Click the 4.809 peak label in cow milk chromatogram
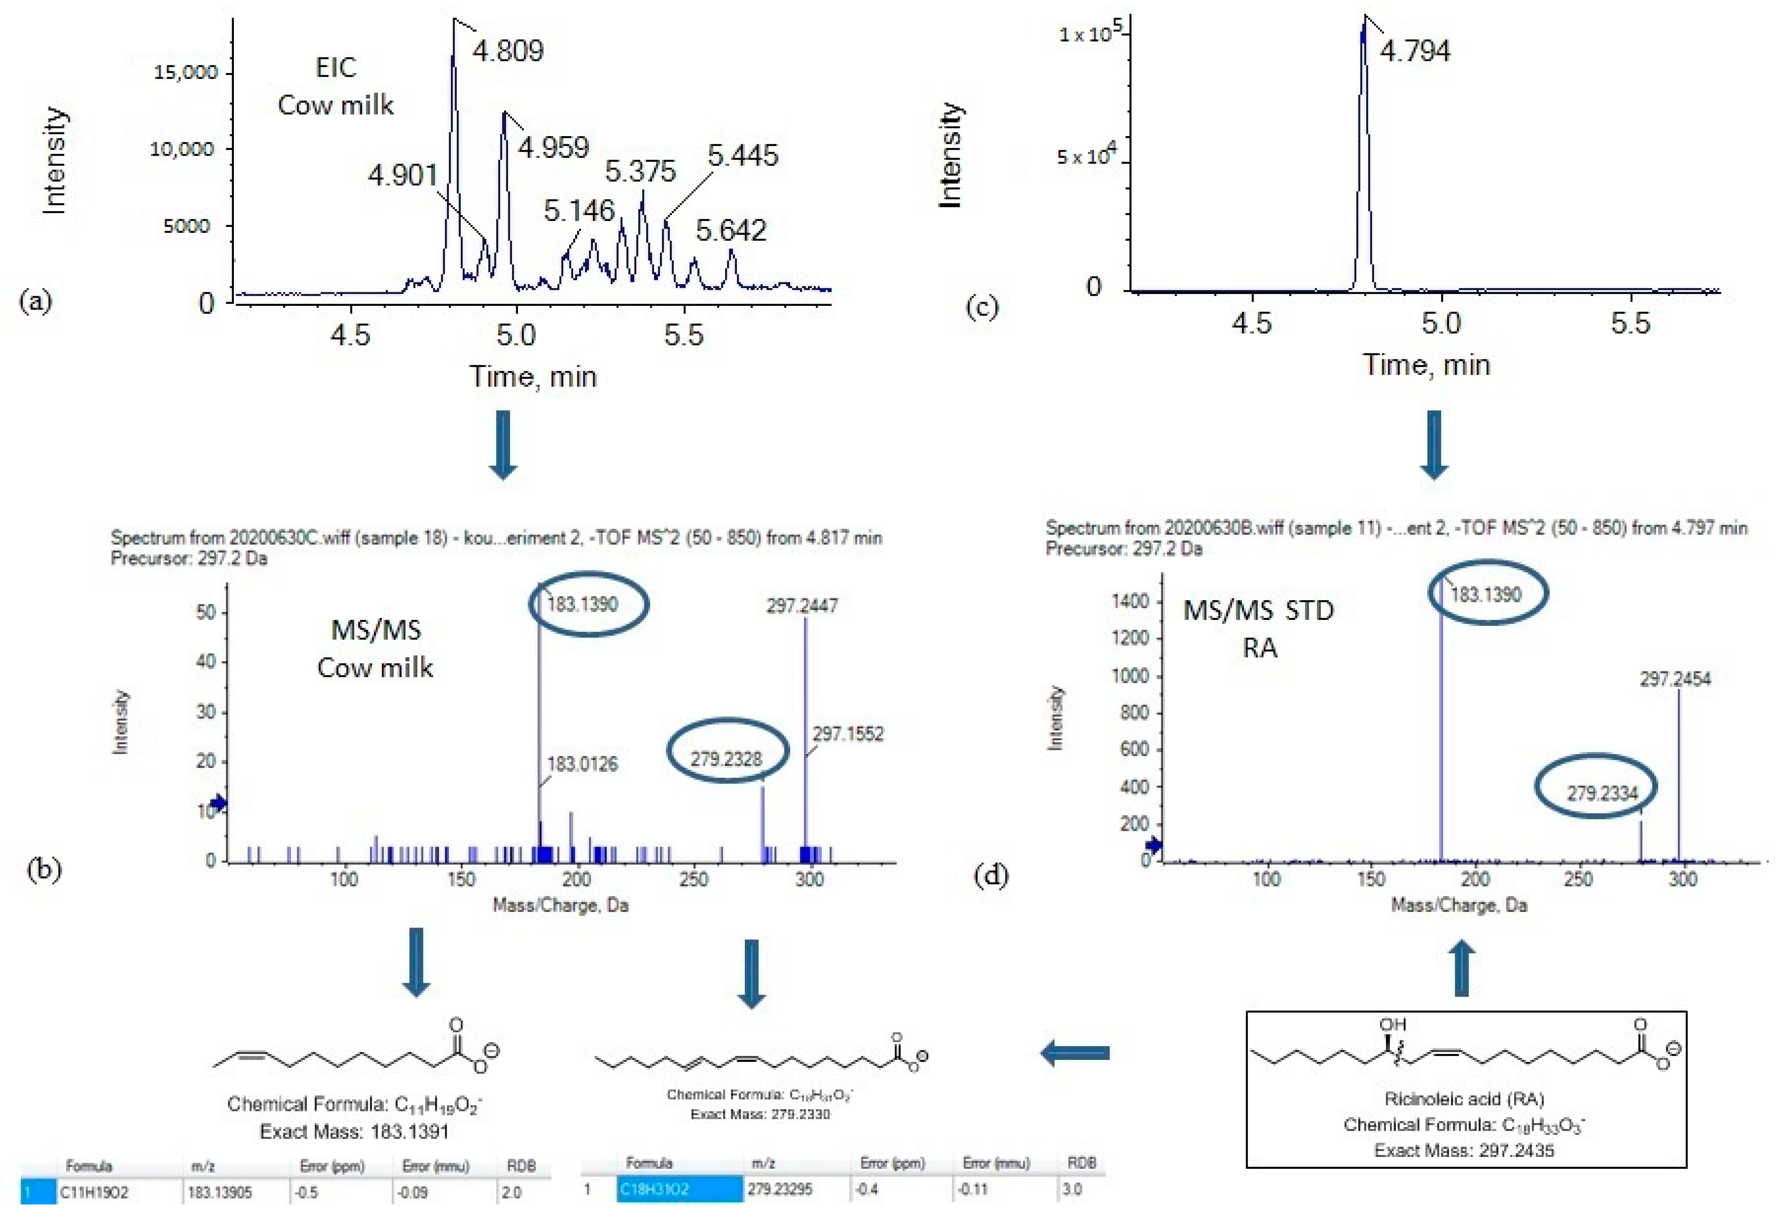(x=508, y=51)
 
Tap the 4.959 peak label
(x=553, y=147)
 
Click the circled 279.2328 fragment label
(x=726, y=759)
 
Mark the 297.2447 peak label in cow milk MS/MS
(x=802, y=606)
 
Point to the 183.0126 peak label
(x=582, y=764)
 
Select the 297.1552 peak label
(x=848, y=734)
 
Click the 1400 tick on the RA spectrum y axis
(x=1130, y=601)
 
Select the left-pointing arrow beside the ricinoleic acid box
(x=1075, y=1053)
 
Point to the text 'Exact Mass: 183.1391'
(x=354, y=1131)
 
